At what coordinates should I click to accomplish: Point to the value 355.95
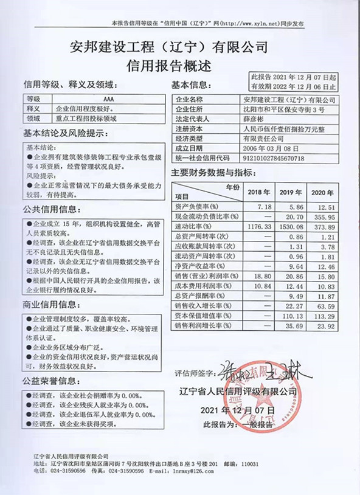[323, 216]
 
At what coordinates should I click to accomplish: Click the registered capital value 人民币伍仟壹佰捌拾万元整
[275, 129]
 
